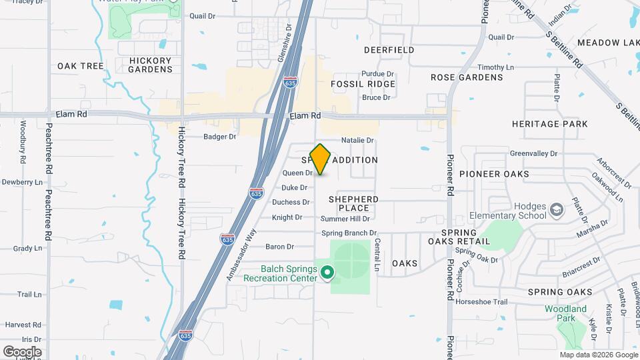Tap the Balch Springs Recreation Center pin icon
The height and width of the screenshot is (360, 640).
327,272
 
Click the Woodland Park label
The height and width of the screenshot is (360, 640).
565,313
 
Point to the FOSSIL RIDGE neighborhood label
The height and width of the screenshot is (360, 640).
363,84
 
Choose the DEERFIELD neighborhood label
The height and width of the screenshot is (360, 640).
389,50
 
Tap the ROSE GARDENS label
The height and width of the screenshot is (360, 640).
467,77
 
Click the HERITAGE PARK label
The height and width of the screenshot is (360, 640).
549,124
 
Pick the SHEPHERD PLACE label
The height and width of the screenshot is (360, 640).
353,203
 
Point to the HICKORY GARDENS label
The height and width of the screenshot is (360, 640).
150,65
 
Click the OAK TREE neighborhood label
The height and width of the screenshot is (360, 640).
81,66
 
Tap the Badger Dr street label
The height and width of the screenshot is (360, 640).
220,137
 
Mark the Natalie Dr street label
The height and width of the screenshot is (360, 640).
357,141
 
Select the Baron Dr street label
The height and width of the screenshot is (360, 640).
280,247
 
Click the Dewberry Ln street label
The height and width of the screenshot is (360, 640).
22,182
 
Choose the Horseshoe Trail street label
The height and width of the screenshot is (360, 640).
481,302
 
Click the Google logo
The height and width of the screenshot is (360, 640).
22,351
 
